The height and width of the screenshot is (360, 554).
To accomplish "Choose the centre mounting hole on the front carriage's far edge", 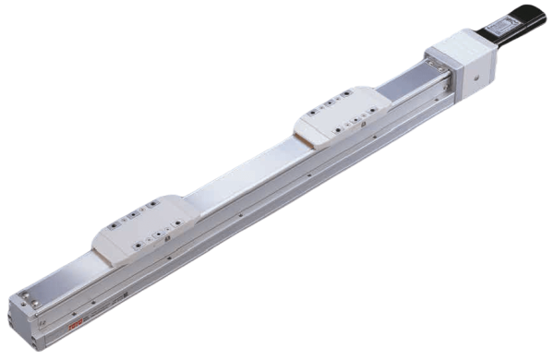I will [x=133, y=210].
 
